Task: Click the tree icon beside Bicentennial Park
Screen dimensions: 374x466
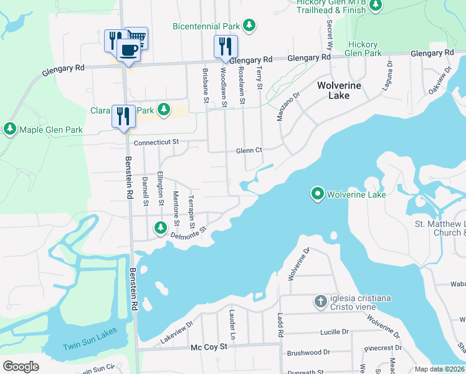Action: [249, 26]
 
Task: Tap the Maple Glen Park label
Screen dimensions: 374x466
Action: [51, 130]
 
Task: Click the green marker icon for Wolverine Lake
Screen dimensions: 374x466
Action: [317, 194]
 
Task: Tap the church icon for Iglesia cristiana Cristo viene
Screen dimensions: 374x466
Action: [320, 302]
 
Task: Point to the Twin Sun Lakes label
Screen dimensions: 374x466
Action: [89, 347]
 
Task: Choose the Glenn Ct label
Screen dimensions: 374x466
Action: [249, 150]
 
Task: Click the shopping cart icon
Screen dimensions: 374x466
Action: [138, 37]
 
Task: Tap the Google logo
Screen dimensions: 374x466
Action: [21, 366]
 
